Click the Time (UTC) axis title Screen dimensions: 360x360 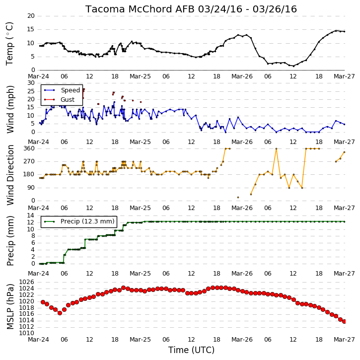pos(191,350)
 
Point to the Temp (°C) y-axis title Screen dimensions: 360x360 pos(9,44)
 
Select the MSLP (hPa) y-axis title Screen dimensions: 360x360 pos(10,306)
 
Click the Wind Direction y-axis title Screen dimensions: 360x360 pos(10,175)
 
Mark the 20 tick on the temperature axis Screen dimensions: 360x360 pos(31,16)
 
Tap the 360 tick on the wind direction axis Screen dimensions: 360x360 pos(29,148)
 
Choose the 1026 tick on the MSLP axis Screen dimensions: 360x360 pos(26,282)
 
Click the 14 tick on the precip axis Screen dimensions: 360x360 pos(31,216)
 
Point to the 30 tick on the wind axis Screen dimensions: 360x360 pos(31,83)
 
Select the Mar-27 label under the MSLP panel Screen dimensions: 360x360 pos(344,339)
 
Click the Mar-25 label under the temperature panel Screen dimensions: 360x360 pos(140,76)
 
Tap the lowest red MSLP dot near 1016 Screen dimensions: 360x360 pos(60,313)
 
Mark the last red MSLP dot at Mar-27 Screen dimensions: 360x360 pos(344,322)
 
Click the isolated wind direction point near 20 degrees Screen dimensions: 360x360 pos(238,198)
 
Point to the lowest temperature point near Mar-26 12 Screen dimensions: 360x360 pos(293,66)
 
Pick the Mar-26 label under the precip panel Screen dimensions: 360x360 pos(242,274)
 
